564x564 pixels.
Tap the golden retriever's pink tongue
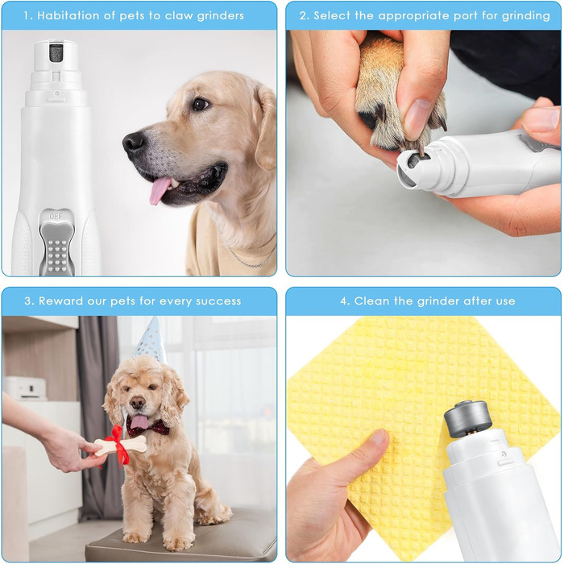pyautogui.click(x=159, y=190)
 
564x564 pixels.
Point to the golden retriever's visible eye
pyautogui.click(x=200, y=104)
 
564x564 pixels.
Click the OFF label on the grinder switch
pyautogui.click(x=56, y=216)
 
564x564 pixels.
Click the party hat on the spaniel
pyautogui.click(x=151, y=341)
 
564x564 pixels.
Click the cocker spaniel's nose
pyautogui.click(x=138, y=403)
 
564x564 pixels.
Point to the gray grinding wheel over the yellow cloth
pyautogui.click(x=467, y=419)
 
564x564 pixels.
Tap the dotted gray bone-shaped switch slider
pyautogui.click(x=57, y=248)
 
